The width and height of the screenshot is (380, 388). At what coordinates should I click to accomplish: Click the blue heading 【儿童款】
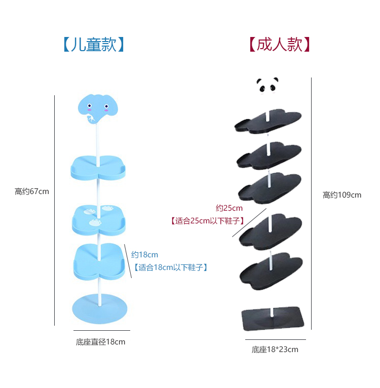coord(94,45)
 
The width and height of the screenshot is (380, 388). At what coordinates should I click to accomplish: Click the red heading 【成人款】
coord(279,45)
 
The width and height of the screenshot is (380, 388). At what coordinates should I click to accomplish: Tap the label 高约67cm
coord(32,191)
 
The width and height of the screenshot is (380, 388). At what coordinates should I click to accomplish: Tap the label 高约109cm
coord(342,195)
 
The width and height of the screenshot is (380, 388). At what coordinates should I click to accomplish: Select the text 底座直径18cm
coord(100,342)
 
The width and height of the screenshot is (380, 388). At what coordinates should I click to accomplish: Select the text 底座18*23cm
coord(275,350)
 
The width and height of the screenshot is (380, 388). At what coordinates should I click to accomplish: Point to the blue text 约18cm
coord(145,255)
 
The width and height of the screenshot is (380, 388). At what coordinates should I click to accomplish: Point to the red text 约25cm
coord(229,208)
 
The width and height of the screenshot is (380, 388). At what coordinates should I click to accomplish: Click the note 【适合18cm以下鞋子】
coord(170,267)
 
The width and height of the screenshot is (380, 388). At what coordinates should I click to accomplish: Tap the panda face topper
coord(268,85)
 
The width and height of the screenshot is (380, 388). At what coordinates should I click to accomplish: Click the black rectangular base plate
coord(274,319)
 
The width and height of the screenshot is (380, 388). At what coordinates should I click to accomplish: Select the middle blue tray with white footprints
coord(98,218)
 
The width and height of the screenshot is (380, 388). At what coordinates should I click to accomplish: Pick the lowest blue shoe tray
coord(99,261)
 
